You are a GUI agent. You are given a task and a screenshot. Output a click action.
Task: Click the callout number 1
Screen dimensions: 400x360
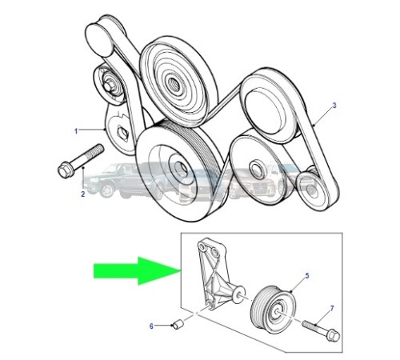point(76,131)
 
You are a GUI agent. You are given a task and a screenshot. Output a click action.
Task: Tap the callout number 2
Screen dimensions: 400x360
point(83,194)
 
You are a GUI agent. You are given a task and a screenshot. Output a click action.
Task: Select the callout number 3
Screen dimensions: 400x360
point(334,106)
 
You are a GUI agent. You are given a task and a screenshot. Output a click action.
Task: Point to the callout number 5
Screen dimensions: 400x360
point(307,276)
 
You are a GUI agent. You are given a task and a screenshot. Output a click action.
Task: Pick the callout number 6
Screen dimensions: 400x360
point(151,326)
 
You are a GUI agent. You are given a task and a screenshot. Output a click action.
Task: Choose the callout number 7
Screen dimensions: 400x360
point(332,309)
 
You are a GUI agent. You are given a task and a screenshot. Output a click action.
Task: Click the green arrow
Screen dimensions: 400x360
point(137,271)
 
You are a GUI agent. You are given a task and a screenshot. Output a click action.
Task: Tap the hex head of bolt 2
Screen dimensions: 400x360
point(64,170)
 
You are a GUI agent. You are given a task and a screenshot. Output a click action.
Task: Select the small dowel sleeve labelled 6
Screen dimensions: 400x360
point(178,324)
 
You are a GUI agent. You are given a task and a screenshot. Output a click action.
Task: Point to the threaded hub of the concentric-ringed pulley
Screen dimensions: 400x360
point(173,82)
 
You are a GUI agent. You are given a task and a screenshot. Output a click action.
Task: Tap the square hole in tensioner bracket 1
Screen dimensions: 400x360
point(122,134)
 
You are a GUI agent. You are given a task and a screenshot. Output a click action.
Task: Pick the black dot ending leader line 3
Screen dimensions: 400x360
point(314,125)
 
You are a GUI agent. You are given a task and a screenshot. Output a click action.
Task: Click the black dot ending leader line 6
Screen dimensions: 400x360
point(171,325)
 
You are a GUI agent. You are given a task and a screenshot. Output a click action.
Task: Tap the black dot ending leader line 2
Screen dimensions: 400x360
point(83,167)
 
